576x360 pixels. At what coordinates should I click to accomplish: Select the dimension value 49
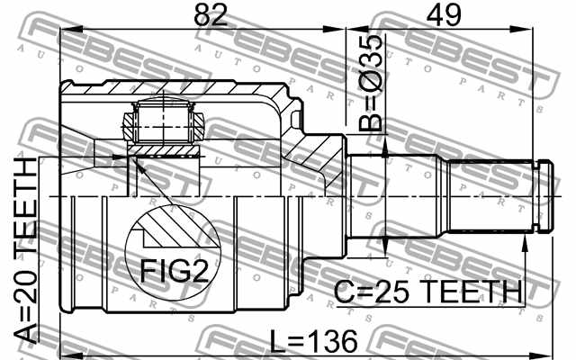437,15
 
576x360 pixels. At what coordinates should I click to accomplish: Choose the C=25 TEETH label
428,292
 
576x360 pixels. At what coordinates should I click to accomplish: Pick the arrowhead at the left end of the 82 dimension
66,32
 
